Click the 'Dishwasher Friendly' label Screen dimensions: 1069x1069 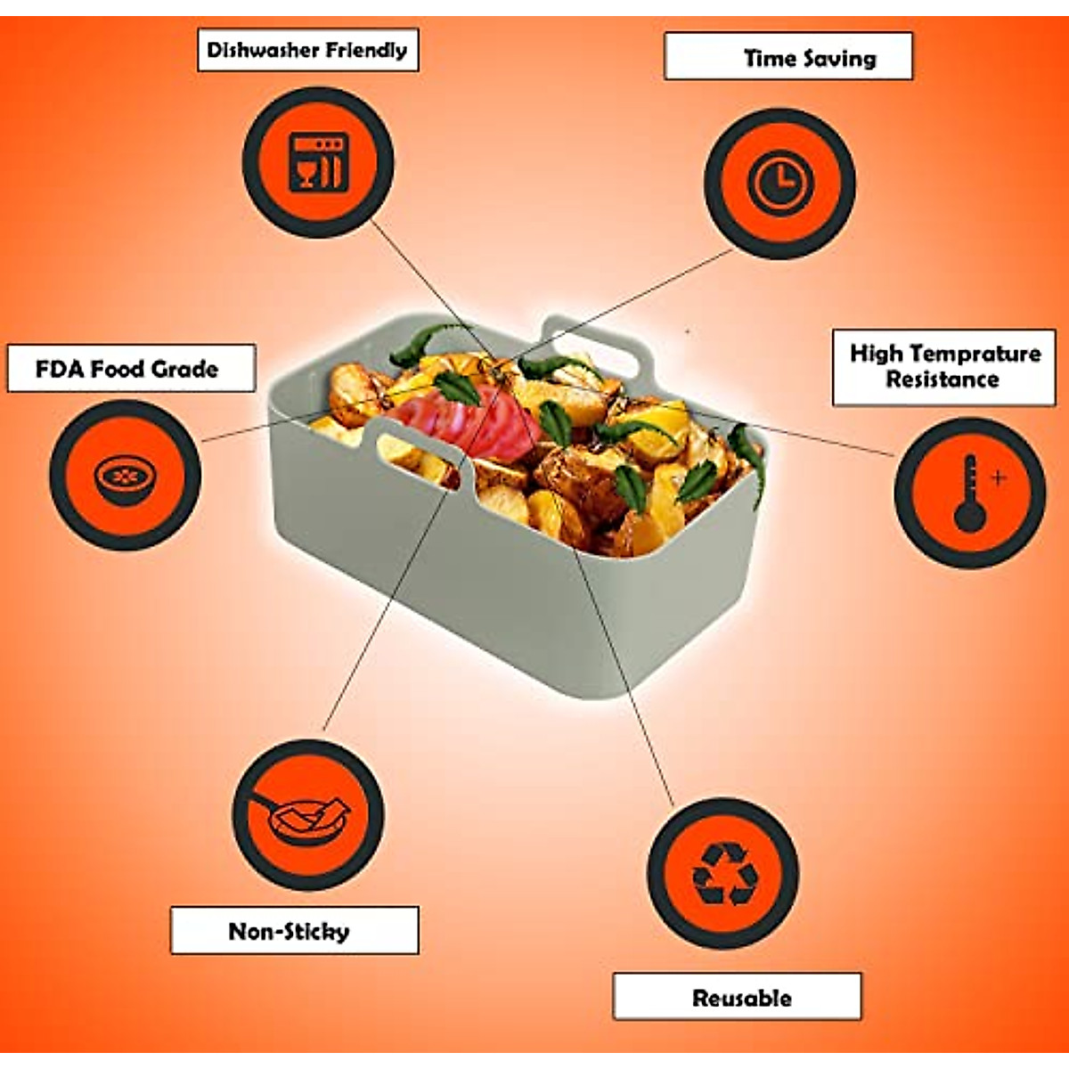307,50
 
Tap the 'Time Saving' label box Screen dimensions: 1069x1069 788,57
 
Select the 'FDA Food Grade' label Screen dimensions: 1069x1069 131,369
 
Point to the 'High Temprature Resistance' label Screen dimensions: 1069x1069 944,367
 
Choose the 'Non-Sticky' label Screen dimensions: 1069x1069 294,932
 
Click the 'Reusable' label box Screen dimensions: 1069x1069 738,997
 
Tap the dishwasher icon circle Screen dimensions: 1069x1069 318,161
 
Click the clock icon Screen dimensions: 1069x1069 780,183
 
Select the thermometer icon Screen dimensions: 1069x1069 967,494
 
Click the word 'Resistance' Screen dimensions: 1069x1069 943,380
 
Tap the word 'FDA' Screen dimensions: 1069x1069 59,369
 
